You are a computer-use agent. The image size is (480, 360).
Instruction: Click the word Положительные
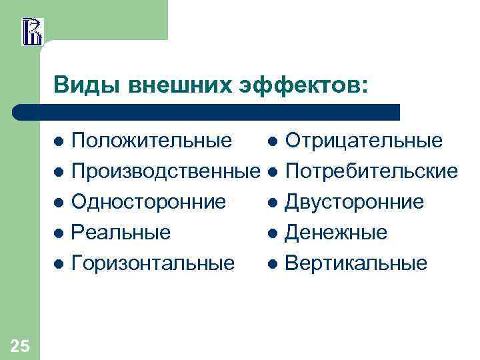pyautogui.click(x=151, y=141)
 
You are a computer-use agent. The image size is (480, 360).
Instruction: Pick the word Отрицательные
pyautogui.click(x=363, y=141)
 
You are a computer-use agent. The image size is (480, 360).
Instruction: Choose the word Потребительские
pyautogui.click(x=371, y=171)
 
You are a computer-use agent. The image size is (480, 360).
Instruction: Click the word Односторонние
pyautogui.click(x=148, y=202)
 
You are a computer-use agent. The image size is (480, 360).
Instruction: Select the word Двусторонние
pyautogui.click(x=354, y=202)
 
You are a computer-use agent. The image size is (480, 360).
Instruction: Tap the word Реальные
pyautogui.click(x=121, y=233)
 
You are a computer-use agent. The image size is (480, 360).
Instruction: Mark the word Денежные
pyautogui.click(x=335, y=233)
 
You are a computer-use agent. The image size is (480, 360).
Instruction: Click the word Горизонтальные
pyautogui.click(x=153, y=263)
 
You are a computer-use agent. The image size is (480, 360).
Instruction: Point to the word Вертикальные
pyautogui.click(x=355, y=263)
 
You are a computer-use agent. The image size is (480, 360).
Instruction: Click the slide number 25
pyautogui.click(x=19, y=345)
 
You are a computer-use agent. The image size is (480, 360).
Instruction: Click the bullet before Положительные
pyautogui.click(x=59, y=141)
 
